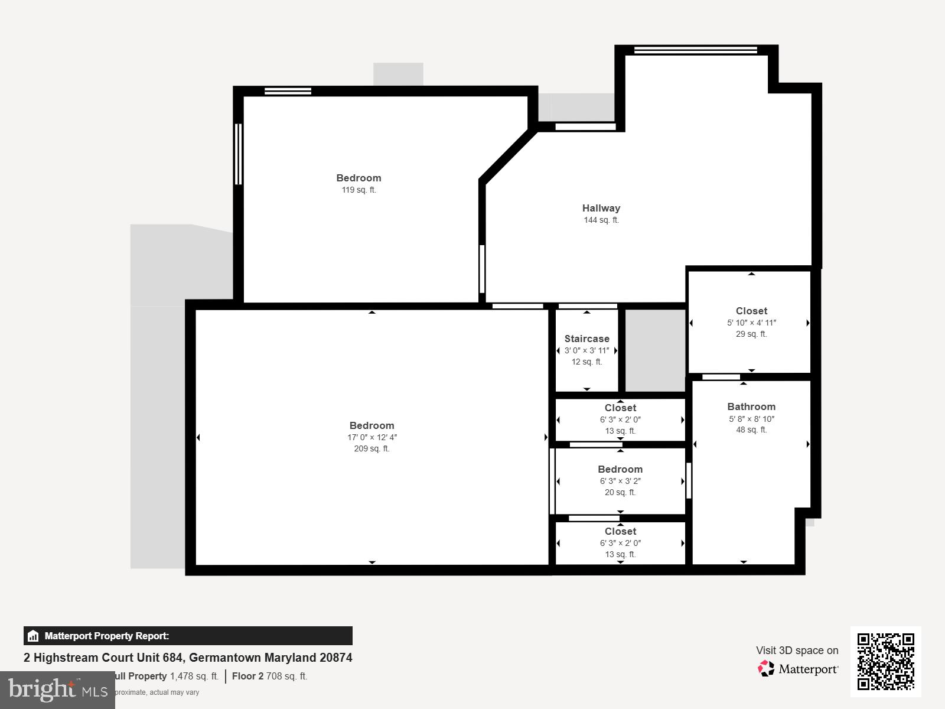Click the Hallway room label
(601, 208)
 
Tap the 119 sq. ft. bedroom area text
(359, 190)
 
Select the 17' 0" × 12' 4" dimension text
(372, 438)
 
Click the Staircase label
(586, 339)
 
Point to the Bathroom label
(751, 406)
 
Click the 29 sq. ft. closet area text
(751, 334)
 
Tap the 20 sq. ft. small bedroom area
(620, 493)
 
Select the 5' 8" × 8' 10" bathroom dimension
(751, 419)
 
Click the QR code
(885, 661)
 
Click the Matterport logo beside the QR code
(798, 669)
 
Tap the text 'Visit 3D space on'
(797, 651)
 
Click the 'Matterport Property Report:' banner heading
(107, 636)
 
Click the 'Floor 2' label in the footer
(247, 677)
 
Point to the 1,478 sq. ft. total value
(194, 677)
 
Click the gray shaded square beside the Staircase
(654, 350)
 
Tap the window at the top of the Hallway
(696, 50)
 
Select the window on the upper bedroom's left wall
(238, 154)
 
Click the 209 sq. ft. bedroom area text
(372, 449)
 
